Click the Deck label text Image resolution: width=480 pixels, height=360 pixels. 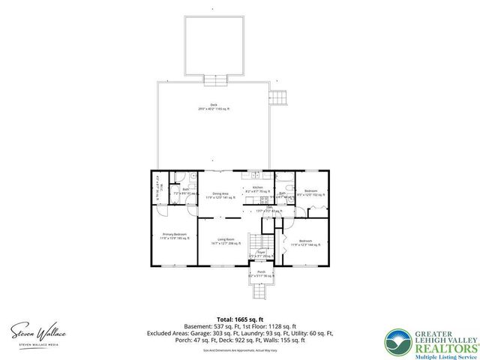[x=213, y=107]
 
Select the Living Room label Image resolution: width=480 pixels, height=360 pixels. [x=224, y=241]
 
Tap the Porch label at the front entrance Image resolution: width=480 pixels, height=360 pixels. [x=261, y=274]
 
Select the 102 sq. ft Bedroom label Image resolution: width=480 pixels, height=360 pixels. [x=310, y=193]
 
